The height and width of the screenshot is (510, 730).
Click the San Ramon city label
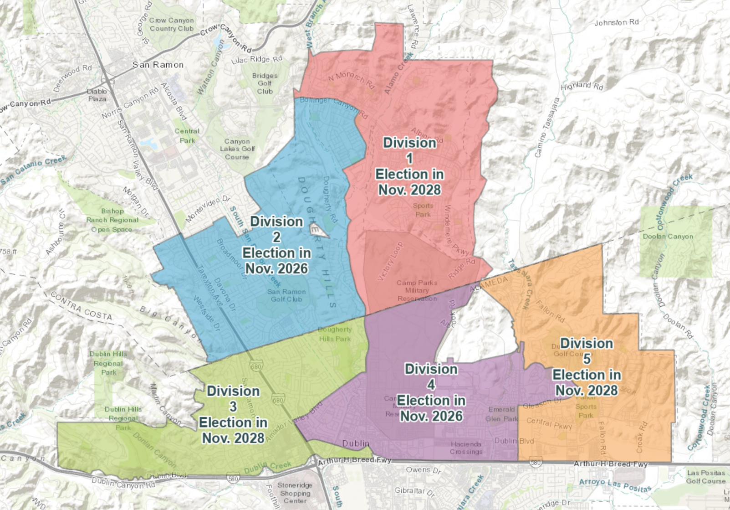158,65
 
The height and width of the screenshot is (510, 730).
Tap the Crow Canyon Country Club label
172,24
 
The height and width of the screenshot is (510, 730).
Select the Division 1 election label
409,166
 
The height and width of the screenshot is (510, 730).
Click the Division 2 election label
276,245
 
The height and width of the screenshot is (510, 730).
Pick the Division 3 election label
233,414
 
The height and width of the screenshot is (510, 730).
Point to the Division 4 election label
431,392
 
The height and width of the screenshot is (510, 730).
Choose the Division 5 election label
587,366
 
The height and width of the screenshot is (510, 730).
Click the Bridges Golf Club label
265,83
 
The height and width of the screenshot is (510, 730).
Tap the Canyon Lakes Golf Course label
237,149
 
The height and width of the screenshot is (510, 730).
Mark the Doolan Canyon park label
668,236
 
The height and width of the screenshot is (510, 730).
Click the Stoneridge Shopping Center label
295,493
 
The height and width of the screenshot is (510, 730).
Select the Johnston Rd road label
617,22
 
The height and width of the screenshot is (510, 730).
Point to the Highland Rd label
582,86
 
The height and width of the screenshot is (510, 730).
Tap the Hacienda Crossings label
466,448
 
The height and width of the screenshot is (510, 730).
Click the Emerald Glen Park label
501,414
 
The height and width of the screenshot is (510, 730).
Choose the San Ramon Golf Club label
286,295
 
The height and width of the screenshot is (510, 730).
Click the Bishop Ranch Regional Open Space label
112,220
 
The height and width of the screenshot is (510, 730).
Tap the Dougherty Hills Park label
335,334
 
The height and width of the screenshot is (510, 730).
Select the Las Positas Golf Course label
706,477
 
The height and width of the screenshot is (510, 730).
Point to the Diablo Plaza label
97,95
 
